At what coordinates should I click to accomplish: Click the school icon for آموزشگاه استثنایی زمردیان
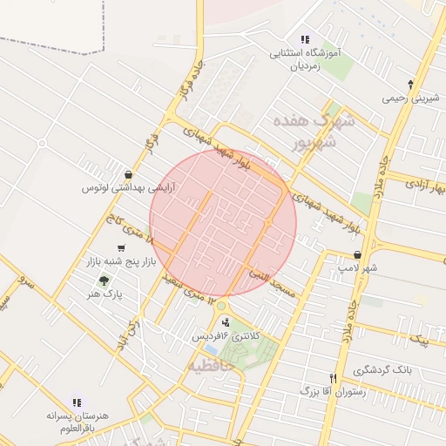point(305,39)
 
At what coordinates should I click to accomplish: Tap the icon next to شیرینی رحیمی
point(410,84)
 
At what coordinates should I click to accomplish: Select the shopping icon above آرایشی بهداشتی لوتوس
point(129,174)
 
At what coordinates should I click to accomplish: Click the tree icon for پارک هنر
point(105,280)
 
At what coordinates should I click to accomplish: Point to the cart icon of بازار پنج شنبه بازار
point(119,248)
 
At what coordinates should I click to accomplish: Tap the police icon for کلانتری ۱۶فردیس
point(226,322)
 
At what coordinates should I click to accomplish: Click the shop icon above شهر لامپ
point(357,254)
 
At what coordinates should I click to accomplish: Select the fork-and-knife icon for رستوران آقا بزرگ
point(332,378)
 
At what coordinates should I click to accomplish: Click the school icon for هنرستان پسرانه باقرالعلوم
point(77,402)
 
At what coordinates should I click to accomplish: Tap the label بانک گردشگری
point(402,371)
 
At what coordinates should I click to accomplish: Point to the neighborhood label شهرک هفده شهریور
point(314,131)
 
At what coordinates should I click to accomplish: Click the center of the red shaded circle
point(223,223)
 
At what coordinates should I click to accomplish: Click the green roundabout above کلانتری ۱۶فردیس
point(221,306)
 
